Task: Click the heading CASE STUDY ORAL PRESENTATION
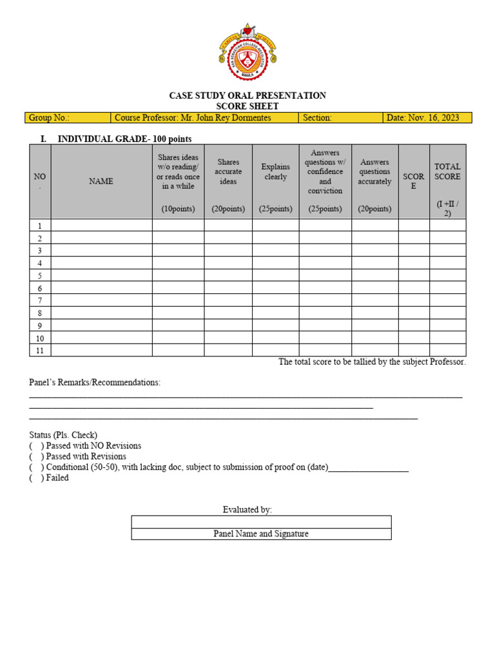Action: (247, 95)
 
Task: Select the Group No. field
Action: (68, 118)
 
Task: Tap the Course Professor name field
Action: (204, 118)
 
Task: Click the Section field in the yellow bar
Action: (341, 118)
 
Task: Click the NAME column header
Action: (101, 182)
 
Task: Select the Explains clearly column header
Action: (275, 172)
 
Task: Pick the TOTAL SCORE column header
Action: (447, 171)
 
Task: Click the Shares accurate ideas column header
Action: (228, 172)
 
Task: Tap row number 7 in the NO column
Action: (40, 301)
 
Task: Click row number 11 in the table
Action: (40, 351)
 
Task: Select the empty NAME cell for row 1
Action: (101, 226)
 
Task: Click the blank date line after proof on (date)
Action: (369, 468)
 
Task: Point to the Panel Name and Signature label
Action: (261, 534)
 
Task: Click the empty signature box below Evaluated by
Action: (261, 522)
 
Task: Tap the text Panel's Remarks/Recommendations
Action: (95, 383)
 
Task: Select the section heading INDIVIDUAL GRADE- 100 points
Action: (124, 139)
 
